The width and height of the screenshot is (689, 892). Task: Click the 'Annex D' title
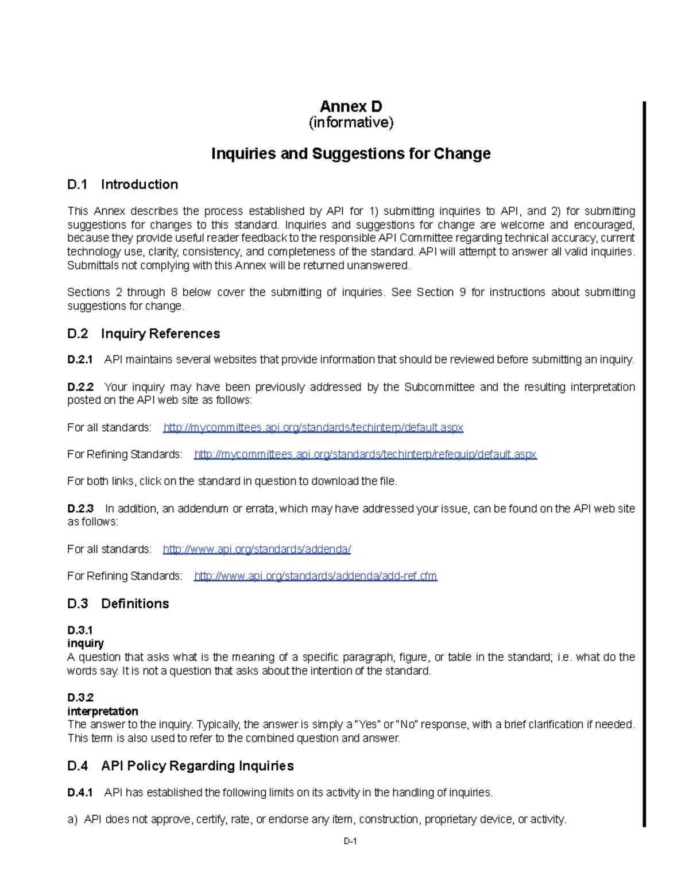coord(351,107)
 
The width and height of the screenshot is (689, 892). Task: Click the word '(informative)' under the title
coord(351,122)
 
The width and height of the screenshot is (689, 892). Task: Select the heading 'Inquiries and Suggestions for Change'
coord(351,154)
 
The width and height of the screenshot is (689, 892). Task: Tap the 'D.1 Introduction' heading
coord(122,184)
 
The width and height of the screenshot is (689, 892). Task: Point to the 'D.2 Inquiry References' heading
coord(144,334)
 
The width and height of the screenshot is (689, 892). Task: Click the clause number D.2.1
coord(80,360)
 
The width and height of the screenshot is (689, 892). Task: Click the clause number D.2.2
coord(80,387)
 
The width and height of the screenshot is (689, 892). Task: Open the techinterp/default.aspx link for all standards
coord(313,427)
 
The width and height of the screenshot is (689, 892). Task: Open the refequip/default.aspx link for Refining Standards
coord(365,454)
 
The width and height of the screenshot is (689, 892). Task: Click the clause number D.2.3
coord(80,509)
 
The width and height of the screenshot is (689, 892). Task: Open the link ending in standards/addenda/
coord(257,549)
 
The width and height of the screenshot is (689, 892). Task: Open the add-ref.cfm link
coord(315,576)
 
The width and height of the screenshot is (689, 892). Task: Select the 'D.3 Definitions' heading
coord(118,604)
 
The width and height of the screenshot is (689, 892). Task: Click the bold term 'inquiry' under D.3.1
coord(86,643)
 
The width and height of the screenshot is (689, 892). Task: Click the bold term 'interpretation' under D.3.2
coord(103,711)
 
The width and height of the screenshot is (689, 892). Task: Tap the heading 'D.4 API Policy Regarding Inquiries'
coord(180,766)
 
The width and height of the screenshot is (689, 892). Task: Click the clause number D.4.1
coord(80,793)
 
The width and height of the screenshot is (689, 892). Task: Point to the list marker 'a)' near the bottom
coord(72,820)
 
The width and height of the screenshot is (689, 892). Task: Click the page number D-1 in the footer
coord(350,841)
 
